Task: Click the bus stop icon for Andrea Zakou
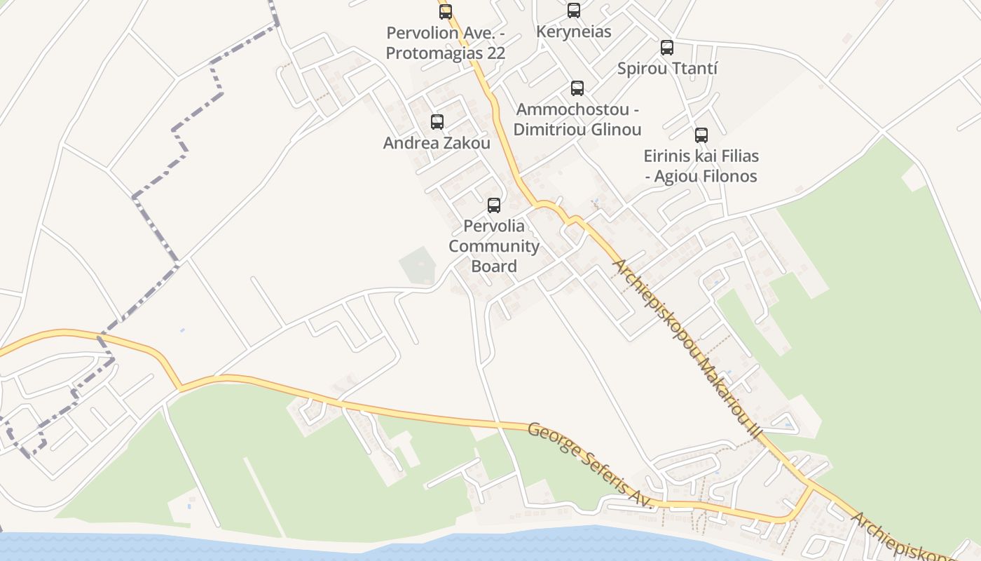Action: click(437, 122)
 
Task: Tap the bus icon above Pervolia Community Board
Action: click(494, 205)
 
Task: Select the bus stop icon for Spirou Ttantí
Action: click(667, 48)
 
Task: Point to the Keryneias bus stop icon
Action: click(574, 11)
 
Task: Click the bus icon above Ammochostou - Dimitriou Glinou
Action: click(577, 88)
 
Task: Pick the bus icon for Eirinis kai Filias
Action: click(701, 135)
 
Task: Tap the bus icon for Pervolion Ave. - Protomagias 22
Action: click(446, 12)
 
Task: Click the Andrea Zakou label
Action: click(437, 143)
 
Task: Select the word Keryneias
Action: click(574, 32)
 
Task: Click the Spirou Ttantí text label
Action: click(667, 69)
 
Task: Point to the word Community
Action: click(494, 246)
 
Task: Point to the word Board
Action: click(494, 266)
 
